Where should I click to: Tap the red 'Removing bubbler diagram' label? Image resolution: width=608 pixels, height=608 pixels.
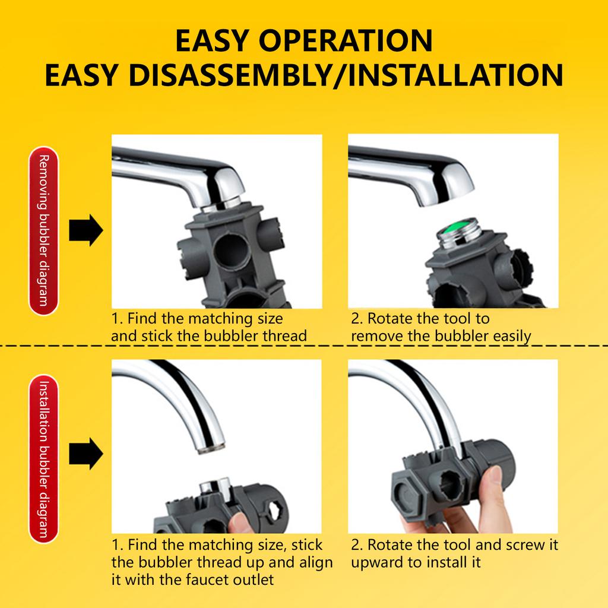[43, 230]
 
